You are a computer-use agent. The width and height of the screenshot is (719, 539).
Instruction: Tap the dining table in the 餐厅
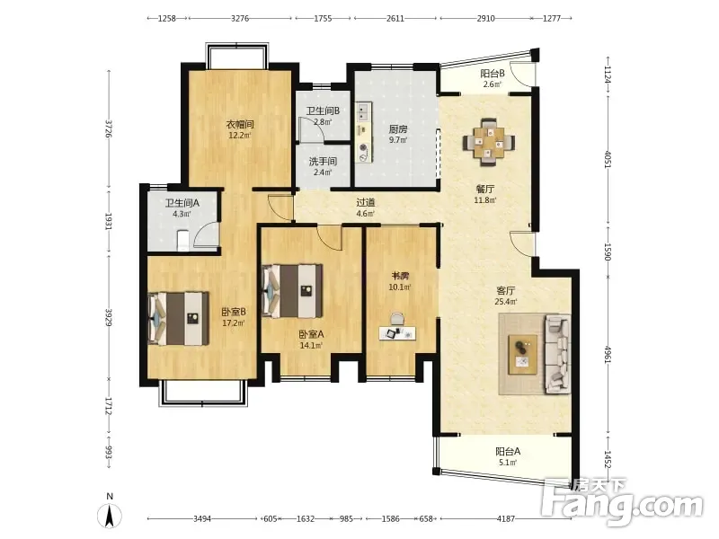489,142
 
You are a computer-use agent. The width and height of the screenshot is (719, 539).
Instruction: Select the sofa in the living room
557,354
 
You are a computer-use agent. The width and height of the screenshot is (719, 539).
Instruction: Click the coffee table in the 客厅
523,354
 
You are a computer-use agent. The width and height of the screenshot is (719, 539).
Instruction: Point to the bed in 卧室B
179,319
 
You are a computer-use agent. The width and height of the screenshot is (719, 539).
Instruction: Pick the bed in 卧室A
292,290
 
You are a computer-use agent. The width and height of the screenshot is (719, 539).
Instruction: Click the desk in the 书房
397,333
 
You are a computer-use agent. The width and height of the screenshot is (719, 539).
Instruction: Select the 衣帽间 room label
240,124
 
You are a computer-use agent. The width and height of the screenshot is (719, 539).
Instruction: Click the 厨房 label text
397,129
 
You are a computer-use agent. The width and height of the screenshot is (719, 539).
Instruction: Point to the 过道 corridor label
366,202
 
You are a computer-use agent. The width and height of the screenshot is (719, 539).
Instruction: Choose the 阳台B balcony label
492,74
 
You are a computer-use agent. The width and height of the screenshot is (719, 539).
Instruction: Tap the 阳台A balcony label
508,452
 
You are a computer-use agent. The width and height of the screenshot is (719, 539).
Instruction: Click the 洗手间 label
323,162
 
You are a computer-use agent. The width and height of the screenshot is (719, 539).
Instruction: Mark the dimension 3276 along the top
240,18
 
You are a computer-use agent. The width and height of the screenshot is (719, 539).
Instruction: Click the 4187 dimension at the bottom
506,519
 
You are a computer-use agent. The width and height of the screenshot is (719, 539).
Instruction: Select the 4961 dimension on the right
608,355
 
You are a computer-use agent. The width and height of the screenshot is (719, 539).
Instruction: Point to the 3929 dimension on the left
109,318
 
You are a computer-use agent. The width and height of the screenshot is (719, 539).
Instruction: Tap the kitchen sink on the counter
363,111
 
